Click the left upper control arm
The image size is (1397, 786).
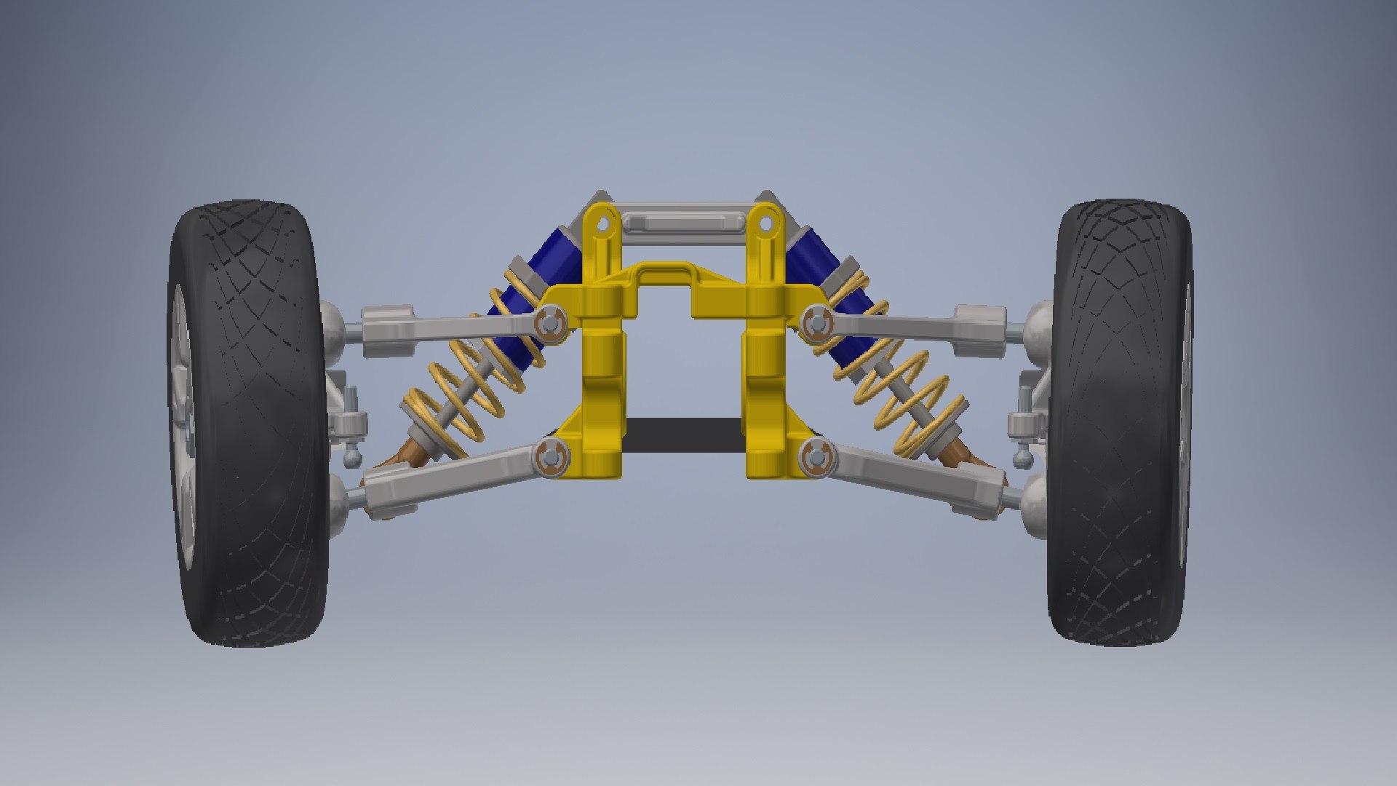pos(451,327)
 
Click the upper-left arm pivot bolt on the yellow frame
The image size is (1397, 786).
pos(550,322)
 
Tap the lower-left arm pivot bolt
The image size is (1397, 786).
pos(551,458)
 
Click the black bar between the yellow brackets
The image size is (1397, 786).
pos(684,435)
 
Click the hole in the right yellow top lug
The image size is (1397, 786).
pos(765,224)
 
